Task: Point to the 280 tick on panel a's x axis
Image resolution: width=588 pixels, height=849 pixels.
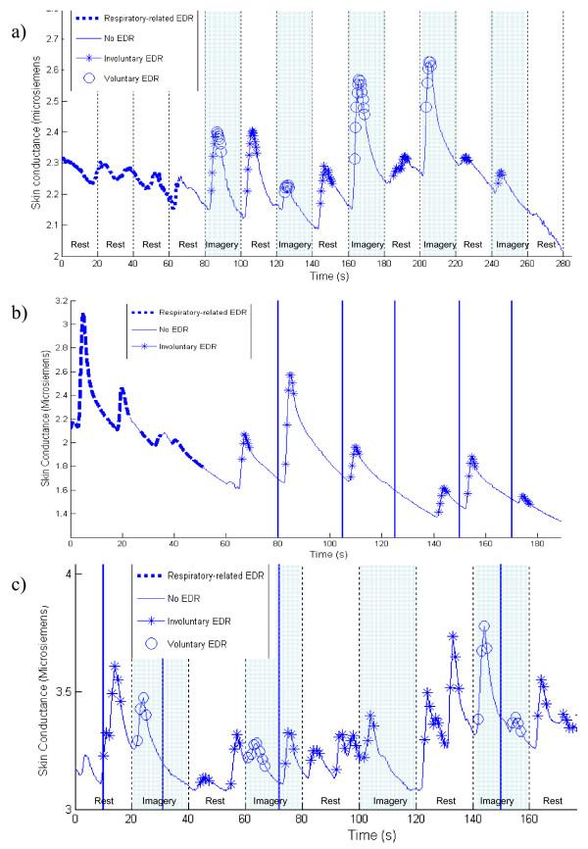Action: [563, 264]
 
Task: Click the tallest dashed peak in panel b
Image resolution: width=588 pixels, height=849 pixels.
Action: [83, 316]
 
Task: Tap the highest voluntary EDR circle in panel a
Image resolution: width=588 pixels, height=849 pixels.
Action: [429, 63]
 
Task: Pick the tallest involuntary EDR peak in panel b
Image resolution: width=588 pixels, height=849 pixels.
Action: [290, 375]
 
